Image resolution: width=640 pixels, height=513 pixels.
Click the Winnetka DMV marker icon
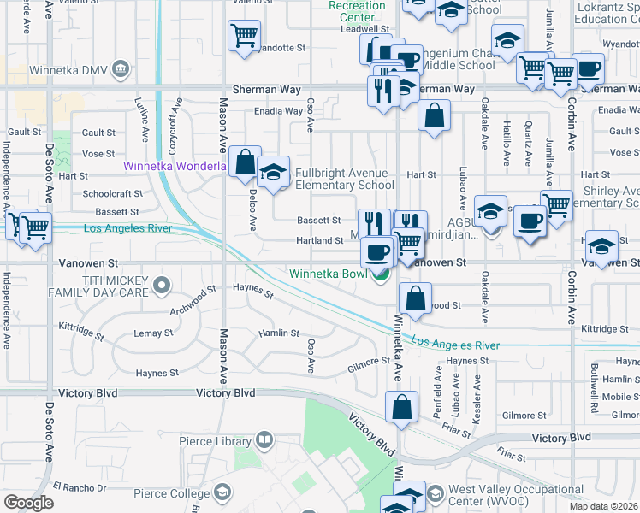point(121,68)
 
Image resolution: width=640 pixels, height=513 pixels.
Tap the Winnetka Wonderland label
point(175,166)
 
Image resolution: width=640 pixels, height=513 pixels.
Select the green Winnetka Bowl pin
point(381,274)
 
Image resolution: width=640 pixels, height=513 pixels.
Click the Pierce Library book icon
point(264,441)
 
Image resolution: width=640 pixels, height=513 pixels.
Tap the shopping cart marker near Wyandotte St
point(244,36)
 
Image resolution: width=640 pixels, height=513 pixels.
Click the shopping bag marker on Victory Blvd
point(401,409)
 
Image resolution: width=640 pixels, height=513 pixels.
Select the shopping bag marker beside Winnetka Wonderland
point(245,162)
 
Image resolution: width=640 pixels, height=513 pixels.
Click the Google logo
point(27,503)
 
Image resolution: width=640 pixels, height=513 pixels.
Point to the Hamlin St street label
point(280,333)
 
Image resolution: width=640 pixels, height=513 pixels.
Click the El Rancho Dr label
point(78,487)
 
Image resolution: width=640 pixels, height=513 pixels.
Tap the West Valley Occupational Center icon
point(434,493)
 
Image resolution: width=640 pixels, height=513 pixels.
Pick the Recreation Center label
point(358,12)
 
